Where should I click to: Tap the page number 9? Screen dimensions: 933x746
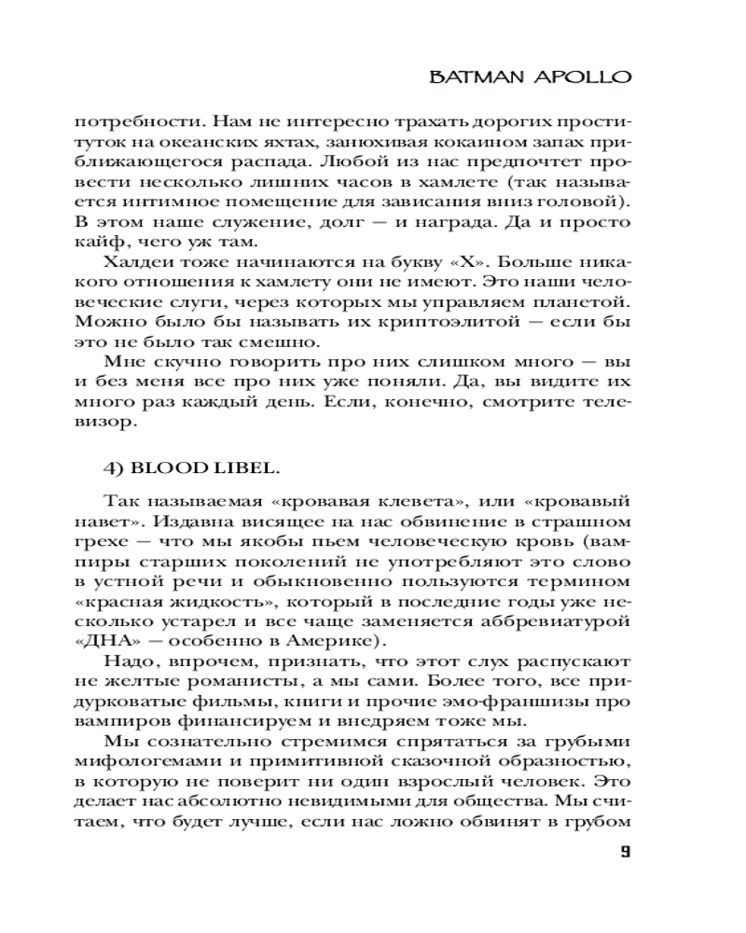(626, 851)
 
